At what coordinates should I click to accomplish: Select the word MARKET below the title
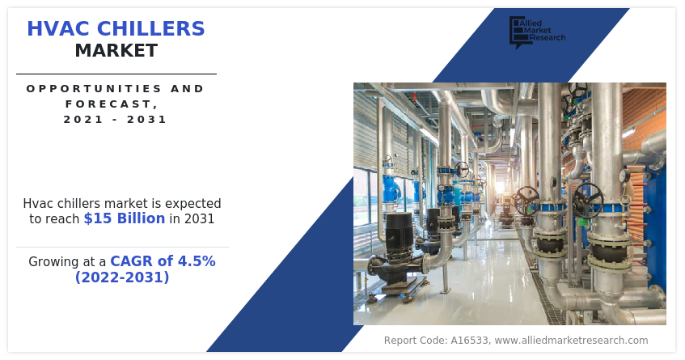116,51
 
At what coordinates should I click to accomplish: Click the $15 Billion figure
124,218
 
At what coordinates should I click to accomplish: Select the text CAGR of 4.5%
163,261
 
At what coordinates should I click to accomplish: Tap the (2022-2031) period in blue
122,277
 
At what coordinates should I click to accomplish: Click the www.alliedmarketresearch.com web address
571,341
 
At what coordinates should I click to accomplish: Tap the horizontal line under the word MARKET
116,74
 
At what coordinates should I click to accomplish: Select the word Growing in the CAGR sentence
53,261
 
